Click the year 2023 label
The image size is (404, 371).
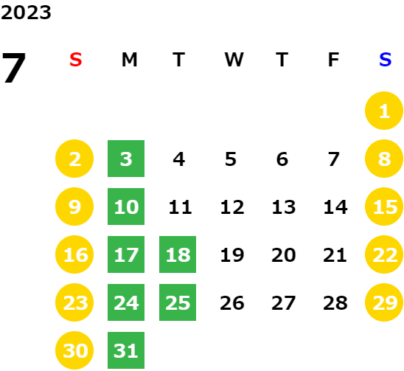26,13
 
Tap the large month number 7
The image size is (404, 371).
14,68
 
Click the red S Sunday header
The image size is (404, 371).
76,60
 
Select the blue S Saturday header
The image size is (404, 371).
385,60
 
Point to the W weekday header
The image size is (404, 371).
234,60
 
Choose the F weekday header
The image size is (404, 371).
333,60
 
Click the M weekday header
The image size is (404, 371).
129,60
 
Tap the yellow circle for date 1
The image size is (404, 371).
384,111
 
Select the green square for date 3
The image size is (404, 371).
126,159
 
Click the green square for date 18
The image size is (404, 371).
178,254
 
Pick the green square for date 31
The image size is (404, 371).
126,350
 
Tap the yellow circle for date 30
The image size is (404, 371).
74,350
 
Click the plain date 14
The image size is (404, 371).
335,207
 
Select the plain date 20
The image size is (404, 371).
283,255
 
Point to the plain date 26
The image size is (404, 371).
232,303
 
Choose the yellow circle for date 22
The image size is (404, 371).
384,254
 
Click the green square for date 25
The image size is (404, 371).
178,302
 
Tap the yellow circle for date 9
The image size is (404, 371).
74,207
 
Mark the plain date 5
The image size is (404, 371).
231,159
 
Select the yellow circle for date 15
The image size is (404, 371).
384,207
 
